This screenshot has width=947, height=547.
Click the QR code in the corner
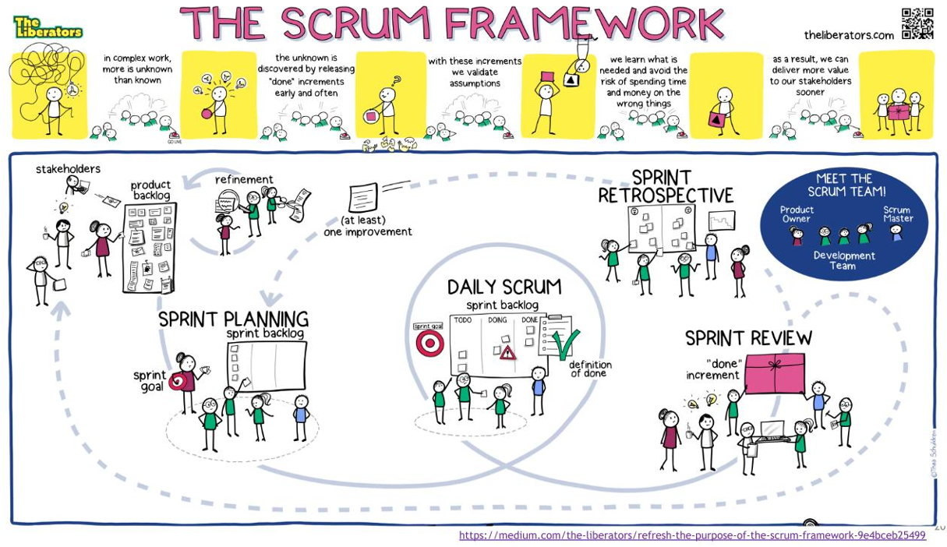coord(917,23)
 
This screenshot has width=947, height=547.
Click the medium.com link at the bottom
coord(692,535)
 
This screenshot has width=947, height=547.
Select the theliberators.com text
coord(849,35)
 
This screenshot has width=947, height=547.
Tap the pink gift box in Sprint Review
coord(775,373)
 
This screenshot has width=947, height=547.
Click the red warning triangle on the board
coord(508,353)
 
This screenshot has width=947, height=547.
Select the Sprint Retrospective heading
coord(666,186)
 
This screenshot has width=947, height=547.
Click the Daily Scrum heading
coord(504,287)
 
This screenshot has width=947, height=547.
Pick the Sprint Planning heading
coord(233,319)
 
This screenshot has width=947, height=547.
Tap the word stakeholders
coord(68,169)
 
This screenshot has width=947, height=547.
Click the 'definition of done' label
coord(590,369)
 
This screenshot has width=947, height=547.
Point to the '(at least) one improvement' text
coord(368,226)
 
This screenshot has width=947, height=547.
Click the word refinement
coord(244,179)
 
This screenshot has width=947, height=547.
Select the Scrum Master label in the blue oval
coord(897,214)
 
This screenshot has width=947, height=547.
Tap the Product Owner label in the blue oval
coord(797,214)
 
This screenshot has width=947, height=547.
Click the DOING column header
coord(497,320)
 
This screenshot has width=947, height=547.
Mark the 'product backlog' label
coord(150,189)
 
